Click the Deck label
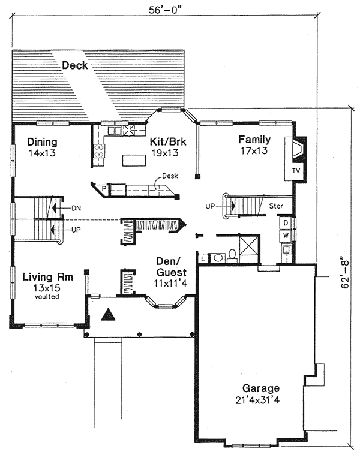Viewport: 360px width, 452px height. [x=75, y=65]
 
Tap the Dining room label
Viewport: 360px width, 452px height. [x=42, y=142]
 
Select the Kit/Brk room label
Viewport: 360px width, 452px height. [x=167, y=142]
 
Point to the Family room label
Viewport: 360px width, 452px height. [x=254, y=140]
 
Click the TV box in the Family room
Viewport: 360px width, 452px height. [x=295, y=171]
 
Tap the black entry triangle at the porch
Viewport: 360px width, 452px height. [x=108, y=314]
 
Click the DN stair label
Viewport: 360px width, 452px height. [x=76, y=208]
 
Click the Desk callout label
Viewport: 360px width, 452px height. [x=167, y=177]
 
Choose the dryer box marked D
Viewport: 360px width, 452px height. [x=286, y=223]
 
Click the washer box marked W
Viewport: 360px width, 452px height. [x=286, y=234]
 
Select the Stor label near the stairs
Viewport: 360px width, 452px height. [x=276, y=206]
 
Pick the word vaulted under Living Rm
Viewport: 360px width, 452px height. [x=47, y=296]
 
